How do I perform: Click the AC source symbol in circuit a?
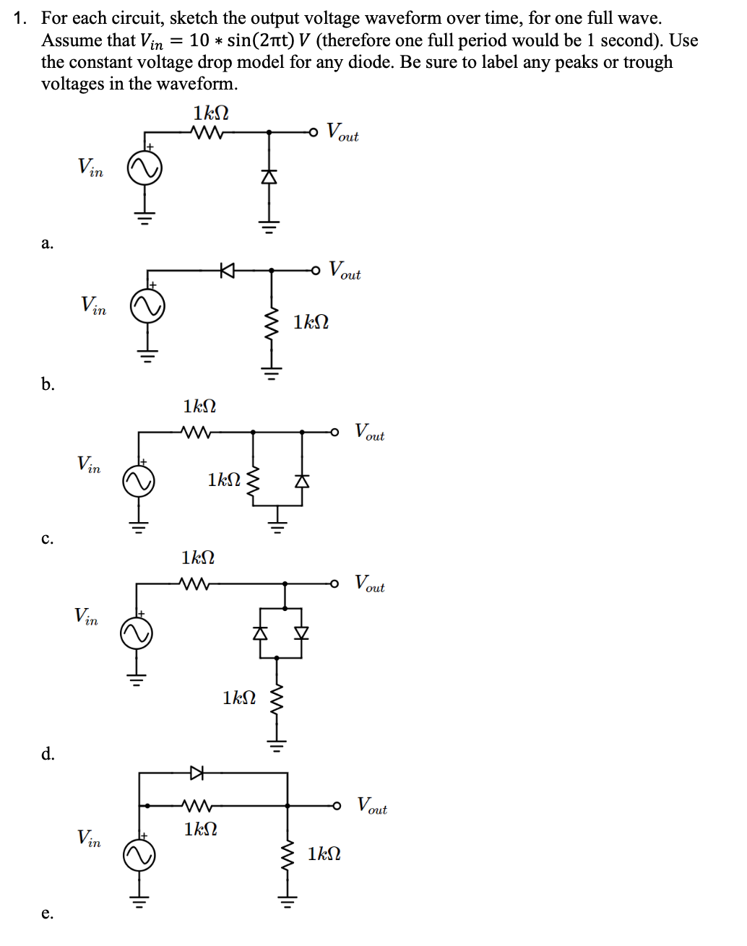coord(144,169)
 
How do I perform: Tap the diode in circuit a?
coord(269,177)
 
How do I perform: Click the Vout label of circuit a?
coord(342,132)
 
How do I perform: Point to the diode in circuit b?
coord(228,271)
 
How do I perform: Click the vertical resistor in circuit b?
coord(272,324)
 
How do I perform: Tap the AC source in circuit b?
coord(147,307)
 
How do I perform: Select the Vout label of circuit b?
coord(345,271)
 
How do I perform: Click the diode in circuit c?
coord(303,480)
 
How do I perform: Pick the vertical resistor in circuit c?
coord(253,480)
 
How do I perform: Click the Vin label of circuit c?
coord(89,464)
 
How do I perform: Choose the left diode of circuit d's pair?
coord(261,633)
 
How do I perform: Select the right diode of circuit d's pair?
coord(301,633)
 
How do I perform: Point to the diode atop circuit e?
coord(196,773)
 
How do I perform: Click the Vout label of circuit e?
coord(372,805)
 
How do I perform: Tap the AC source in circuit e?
coord(139,856)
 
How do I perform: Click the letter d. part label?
coord(48,755)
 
